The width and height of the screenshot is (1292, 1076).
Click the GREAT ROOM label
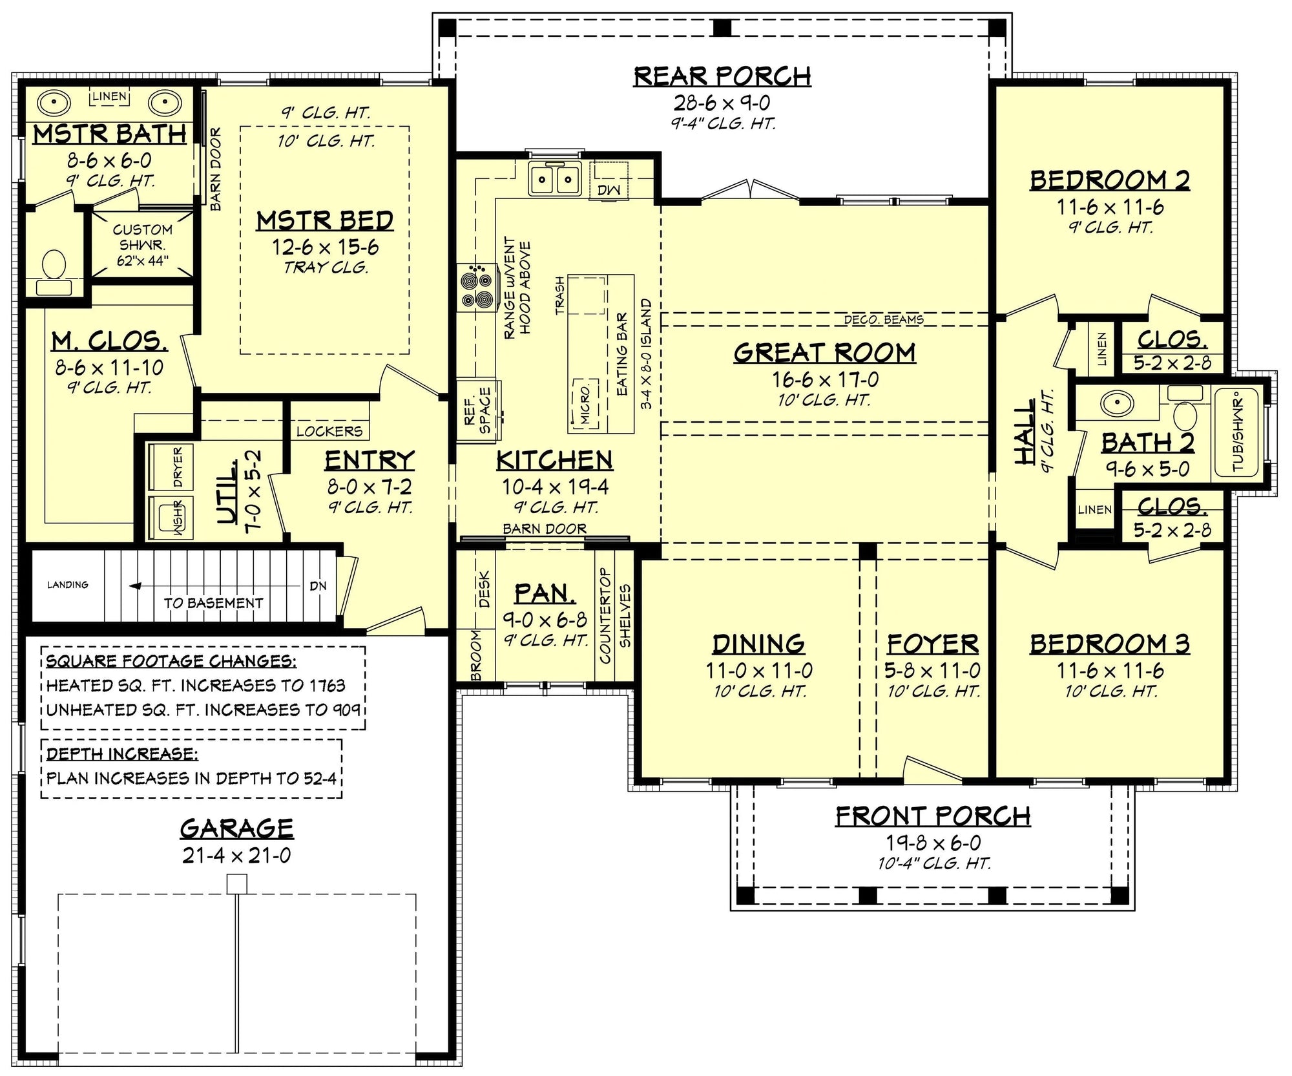pos(824,353)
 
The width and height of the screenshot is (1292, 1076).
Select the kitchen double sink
pos(554,178)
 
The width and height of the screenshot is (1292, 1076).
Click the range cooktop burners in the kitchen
pos(476,288)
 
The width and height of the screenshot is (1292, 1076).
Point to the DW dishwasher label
pos(608,189)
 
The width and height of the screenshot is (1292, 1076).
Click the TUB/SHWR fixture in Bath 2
pos(1237,432)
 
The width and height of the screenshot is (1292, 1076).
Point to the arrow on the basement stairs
pos(136,586)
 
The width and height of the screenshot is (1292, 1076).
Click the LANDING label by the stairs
pos(68,585)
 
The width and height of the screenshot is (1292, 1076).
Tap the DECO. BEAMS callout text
pos(883,320)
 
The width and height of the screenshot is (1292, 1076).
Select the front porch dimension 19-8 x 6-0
pos(932,843)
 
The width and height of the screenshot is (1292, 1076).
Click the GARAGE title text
pos(236,828)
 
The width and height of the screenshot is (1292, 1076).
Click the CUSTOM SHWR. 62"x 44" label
pos(142,245)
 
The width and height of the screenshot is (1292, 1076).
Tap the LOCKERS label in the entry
pos(329,431)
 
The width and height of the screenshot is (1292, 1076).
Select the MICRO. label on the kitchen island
pos(585,405)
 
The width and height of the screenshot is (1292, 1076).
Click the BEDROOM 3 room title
pos(1109,644)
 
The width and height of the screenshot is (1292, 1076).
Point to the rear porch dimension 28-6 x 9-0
pos(722,103)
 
